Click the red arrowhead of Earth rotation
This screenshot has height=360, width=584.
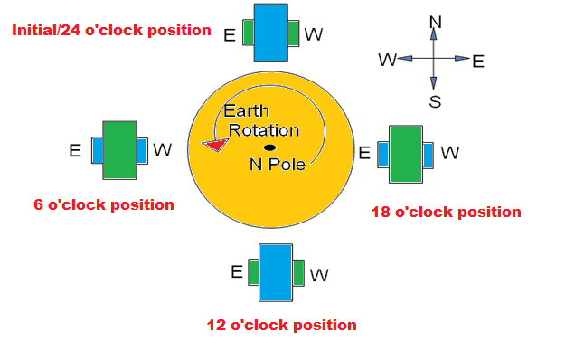coord(214,145)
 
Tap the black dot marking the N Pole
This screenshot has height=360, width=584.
coord(269,147)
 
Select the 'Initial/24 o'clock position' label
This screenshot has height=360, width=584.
coord(111,30)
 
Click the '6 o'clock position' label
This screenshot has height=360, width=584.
coord(104,204)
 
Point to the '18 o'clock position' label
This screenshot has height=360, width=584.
coord(446,212)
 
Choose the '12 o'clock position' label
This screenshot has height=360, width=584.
coord(282,325)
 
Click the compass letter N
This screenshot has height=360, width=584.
coord(435,21)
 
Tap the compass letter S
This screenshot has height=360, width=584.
coord(435,101)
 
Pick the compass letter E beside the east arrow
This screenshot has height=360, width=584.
coord(478,62)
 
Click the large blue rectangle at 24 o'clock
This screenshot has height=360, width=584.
coord(270,33)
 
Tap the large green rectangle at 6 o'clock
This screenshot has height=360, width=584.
coord(119,149)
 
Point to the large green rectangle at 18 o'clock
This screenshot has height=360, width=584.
coord(405,153)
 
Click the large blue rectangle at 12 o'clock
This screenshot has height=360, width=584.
coord(276,272)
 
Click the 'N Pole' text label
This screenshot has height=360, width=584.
coord(278,166)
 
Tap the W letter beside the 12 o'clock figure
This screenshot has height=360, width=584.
coord(318,274)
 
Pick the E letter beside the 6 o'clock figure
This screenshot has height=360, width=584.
coord(75,150)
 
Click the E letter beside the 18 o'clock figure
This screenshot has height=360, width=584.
coord(364,153)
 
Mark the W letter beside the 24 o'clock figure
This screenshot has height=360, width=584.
coord(314,34)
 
